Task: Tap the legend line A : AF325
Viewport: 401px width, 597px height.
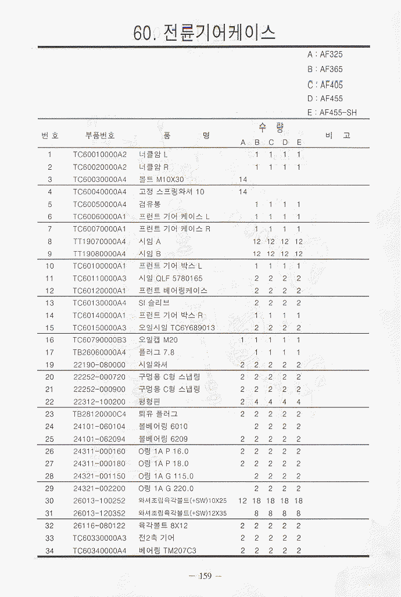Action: tap(329, 55)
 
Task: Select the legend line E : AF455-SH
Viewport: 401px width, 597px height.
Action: tap(332, 113)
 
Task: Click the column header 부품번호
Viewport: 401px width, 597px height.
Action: tap(100, 135)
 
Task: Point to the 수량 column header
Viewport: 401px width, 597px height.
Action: tap(271, 127)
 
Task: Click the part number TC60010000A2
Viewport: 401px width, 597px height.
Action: tap(100, 155)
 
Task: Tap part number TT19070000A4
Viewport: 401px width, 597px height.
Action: tap(100, 241)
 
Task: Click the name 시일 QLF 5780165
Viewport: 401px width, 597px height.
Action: tap(171, 278)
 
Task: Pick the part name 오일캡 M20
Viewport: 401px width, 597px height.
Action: tap(158, 340)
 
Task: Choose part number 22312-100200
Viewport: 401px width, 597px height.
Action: tap(99, 402)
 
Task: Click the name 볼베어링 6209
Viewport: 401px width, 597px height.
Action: tap(163, 439)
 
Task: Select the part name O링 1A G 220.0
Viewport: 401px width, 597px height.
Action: tap(166, 488)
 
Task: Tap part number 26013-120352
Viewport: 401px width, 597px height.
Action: tap(99, 513)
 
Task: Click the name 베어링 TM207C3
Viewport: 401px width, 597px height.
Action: tap(167, 550)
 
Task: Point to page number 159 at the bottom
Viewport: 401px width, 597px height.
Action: tap(205, 576)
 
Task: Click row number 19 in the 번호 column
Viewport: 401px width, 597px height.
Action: tap(49, 364)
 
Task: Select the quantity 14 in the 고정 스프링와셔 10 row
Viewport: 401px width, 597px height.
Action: tap(243, 192)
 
